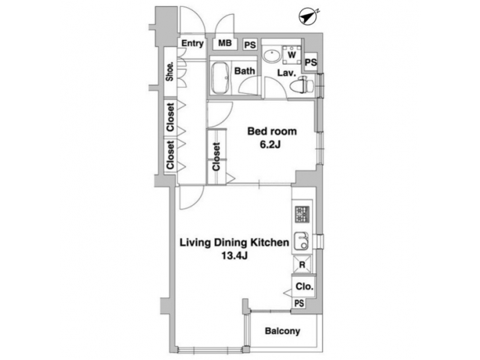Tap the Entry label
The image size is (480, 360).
point(192,44)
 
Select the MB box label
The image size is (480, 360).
point(225,44)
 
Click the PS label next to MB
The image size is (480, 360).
point(249,45)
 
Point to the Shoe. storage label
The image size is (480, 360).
point(171,71)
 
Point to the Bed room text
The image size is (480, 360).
point(271,131)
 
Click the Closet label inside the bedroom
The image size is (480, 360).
point(217,158)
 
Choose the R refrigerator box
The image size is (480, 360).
point(302,264)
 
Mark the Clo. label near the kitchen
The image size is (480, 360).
point(303,289)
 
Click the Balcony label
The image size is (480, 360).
point(282,331)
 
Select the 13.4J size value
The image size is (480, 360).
point(233,257)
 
